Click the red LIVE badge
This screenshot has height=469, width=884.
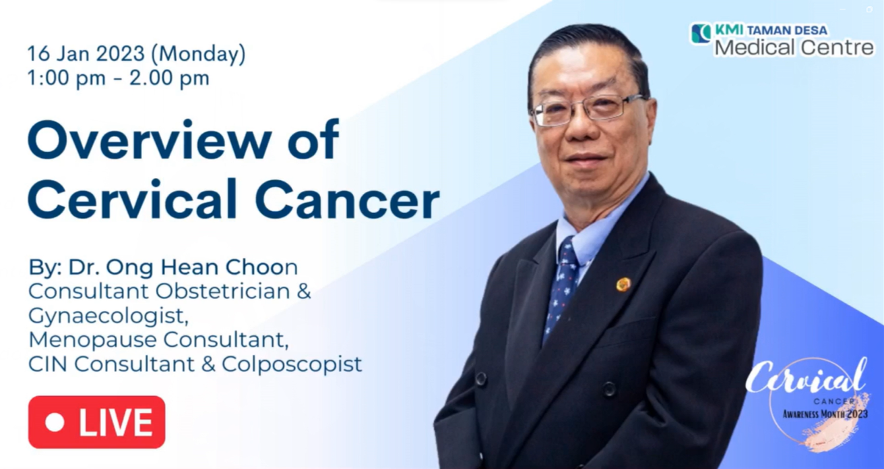click(x=97, y=422)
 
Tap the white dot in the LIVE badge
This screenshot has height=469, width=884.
click(x=55, y=422)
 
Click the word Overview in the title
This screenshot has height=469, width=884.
click(x=150, y=141)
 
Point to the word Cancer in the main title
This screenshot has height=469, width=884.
click(x=347, y=200)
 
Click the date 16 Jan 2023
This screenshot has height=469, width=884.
click(x=86, y=53)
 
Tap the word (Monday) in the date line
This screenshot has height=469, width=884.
click(x=199, y=54)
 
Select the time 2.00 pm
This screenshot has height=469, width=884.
click(x=169, y=78)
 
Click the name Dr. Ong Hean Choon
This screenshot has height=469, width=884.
click(x=183, y=267)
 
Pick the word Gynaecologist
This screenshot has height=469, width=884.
click(x=108, y=316)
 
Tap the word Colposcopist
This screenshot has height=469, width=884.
click(x=292, y=364)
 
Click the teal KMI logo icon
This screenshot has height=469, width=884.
click(x=701, y=33)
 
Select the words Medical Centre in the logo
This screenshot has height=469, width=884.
click(x=794, y=48)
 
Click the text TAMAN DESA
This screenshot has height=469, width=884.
click(x=787, y=30)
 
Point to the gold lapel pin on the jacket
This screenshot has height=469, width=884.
click(x=623, y=284)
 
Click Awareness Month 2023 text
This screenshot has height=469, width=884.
click(x=825, y=414)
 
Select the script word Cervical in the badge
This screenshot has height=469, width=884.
click(x=807, y=378)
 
